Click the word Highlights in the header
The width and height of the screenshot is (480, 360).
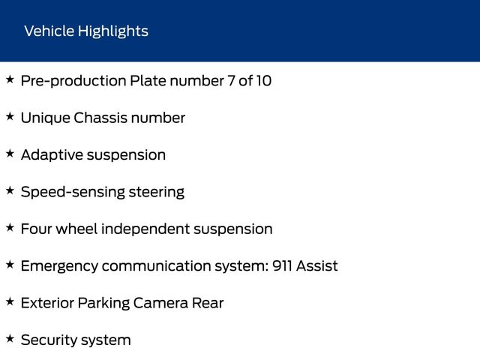pyautogui.click(x=113, y=31)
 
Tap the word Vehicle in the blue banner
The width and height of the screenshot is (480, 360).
pyautogui.click(x=49, y=31)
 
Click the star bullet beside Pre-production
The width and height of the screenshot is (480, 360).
pyautogui.click(x=10, y=79)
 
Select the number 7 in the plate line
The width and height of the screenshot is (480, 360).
pyautogui.click(x=231, y=81)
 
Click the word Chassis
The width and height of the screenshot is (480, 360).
pyautogui.click(x=100, y=118)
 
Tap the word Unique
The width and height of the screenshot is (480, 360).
pyautogui.click(x=46, y=118)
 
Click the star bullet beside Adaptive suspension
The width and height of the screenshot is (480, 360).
pyautogui.click(x=10, y=153)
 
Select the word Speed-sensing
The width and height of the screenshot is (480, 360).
pyautogui.click(x=73, y=193)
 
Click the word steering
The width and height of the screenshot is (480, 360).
pyautogui.click(x=157, y=193)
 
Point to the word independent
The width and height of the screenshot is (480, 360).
pyautogui.click(x=145, y=229)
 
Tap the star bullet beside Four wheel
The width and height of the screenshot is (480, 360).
pyautogui.click(x=10, y=227)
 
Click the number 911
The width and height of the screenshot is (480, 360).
pyautogui.click(x=282, y=265)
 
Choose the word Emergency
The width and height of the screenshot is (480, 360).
pyautogui.click(x=59, y=266)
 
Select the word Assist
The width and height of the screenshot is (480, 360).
pyautogui.click(x=316, y=265)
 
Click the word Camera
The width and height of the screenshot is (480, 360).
pyautogui.click(x=160, y=303)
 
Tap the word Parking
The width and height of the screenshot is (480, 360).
pyautogui.click(x=103, y=304)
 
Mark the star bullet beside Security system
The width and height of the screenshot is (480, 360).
pyautogui.click(x=10, y=338)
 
